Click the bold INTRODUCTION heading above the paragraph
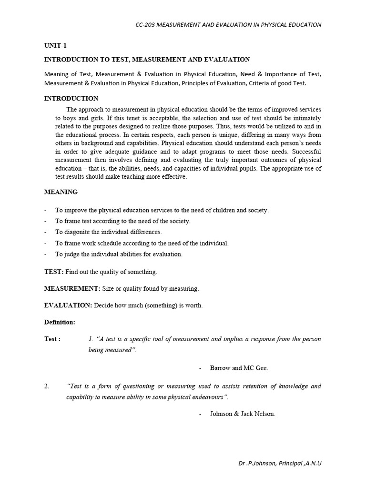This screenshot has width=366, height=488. (71, 99)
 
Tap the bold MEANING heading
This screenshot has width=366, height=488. (61, 192)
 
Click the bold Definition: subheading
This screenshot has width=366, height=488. (60, 322)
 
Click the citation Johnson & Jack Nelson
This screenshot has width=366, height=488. (243, 414)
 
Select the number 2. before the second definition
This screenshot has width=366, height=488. (47, 386)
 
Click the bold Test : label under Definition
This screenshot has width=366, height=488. (52, 339)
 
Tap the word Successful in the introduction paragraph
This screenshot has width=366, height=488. (306, 152)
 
